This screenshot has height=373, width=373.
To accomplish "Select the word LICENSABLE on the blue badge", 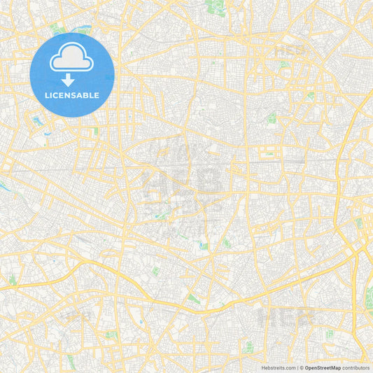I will [x=73, y=94].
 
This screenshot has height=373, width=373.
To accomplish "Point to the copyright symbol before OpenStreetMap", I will [x=302, y=367].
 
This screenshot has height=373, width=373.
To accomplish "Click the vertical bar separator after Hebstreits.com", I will [x=297, y=367].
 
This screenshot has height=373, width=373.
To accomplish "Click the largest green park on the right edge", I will [x=370, y=297].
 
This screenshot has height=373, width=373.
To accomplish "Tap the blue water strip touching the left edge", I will [x=3, y=187].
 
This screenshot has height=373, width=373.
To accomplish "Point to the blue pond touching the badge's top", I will [x=84, y=32].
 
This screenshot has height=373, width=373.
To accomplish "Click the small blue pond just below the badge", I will [x=36, y=120].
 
